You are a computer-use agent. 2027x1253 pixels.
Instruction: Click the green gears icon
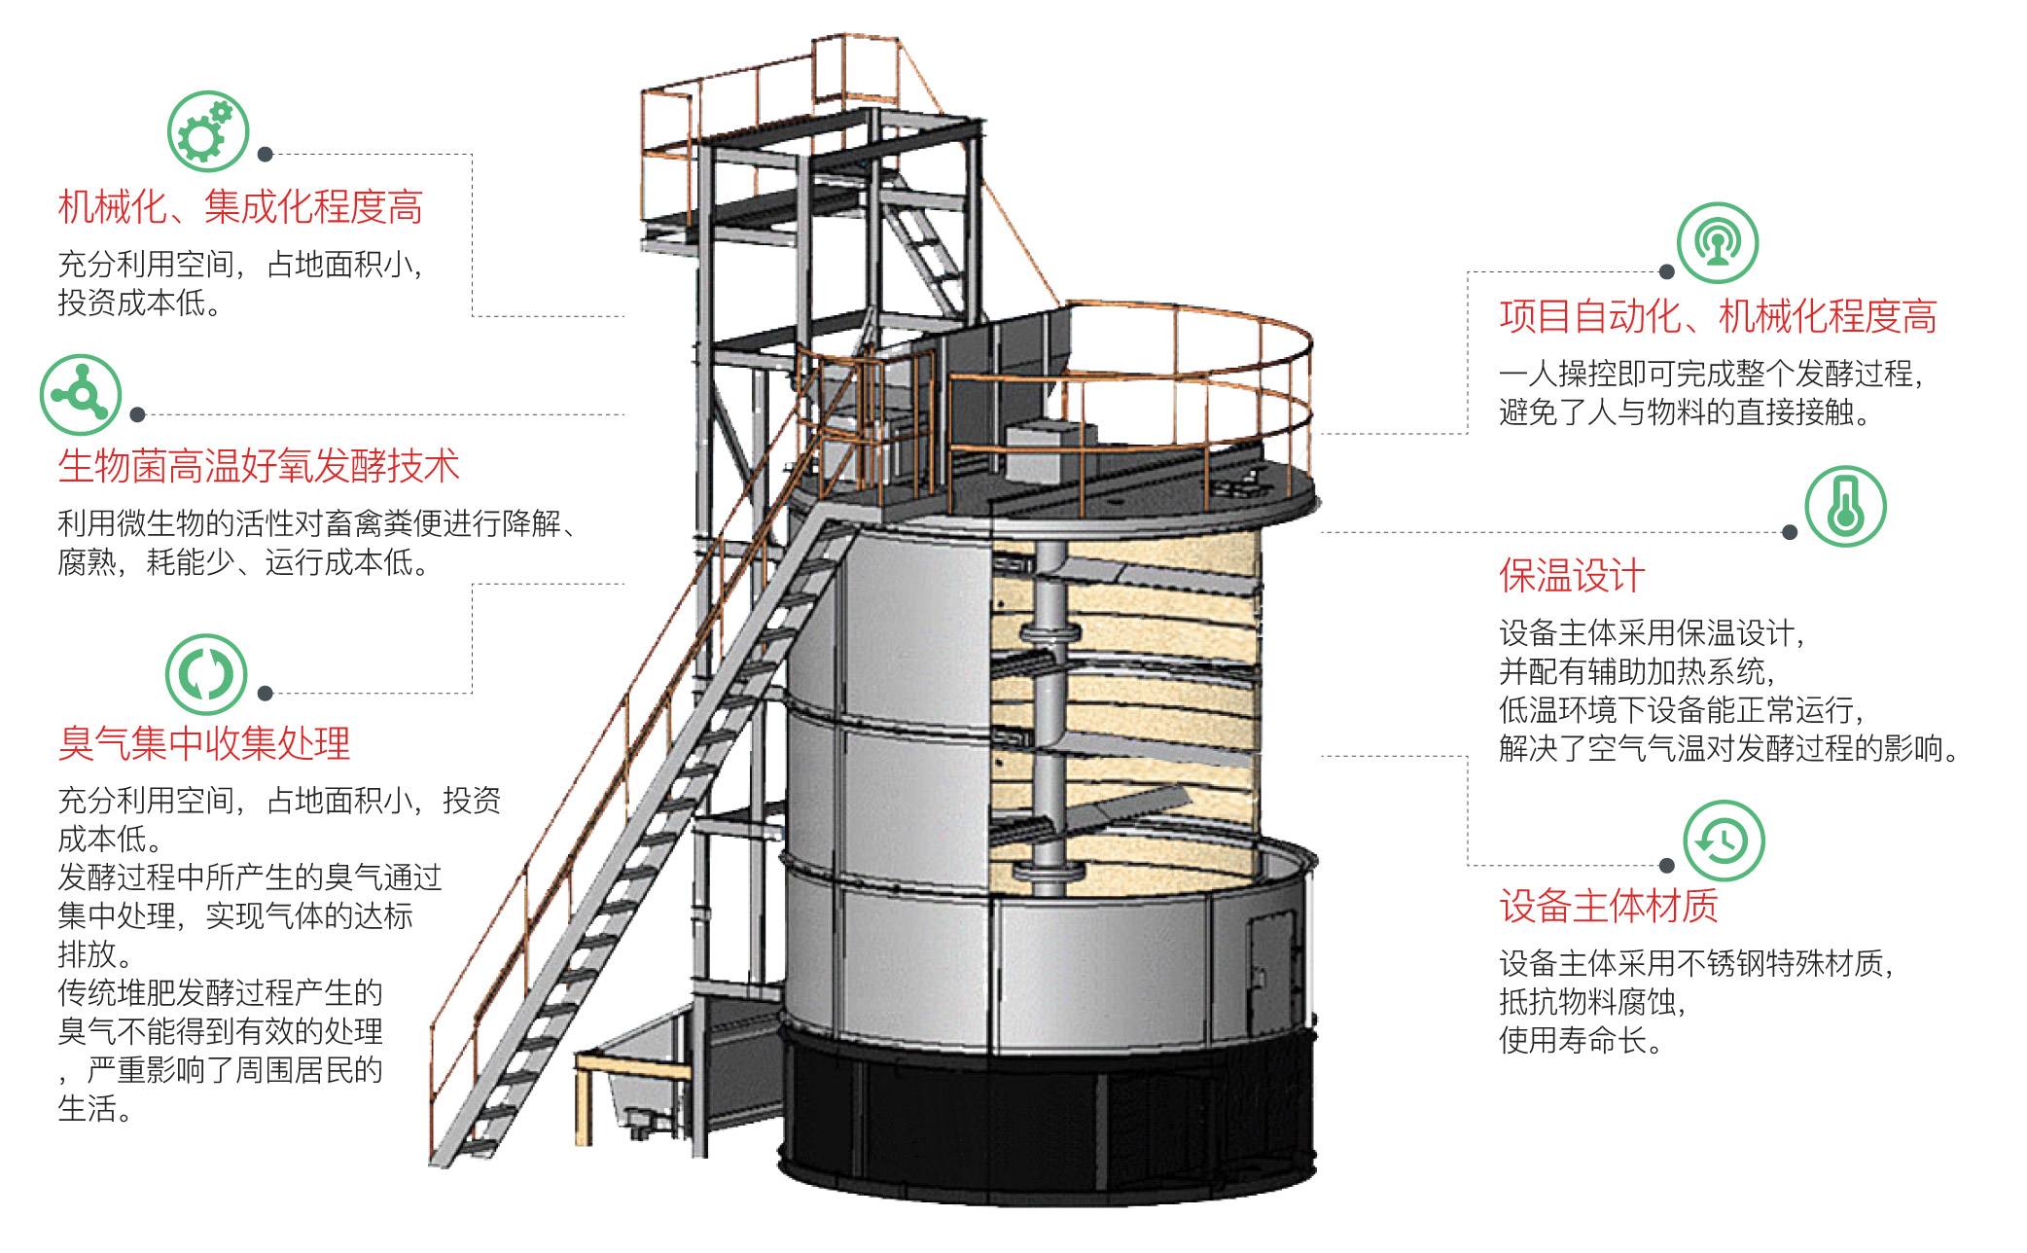click(208, 131)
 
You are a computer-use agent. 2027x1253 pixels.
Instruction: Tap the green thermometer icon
click(1845, 508)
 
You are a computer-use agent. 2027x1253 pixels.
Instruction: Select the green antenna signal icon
click(1718, 242)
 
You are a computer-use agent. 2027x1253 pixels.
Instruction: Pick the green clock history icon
click(1723, 841)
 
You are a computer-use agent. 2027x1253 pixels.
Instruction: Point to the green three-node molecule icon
click(81, 395)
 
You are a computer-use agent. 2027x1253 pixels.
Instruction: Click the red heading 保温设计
click(1572, 576)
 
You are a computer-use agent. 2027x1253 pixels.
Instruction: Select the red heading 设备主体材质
click(1609, 906)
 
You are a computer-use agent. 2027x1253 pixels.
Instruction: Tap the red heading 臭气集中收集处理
click(204, 743)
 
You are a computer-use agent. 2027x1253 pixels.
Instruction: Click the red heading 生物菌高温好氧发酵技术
click(259, 467)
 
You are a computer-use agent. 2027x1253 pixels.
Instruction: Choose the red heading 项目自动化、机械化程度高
click(1718, 317)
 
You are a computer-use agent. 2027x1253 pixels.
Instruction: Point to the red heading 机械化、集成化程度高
click(240, 207)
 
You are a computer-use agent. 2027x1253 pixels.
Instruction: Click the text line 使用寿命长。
click(1581, 1041)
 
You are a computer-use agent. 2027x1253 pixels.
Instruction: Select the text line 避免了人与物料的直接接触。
click(1687, 413)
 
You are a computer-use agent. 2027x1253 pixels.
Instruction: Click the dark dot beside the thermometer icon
click(1790, 531)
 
